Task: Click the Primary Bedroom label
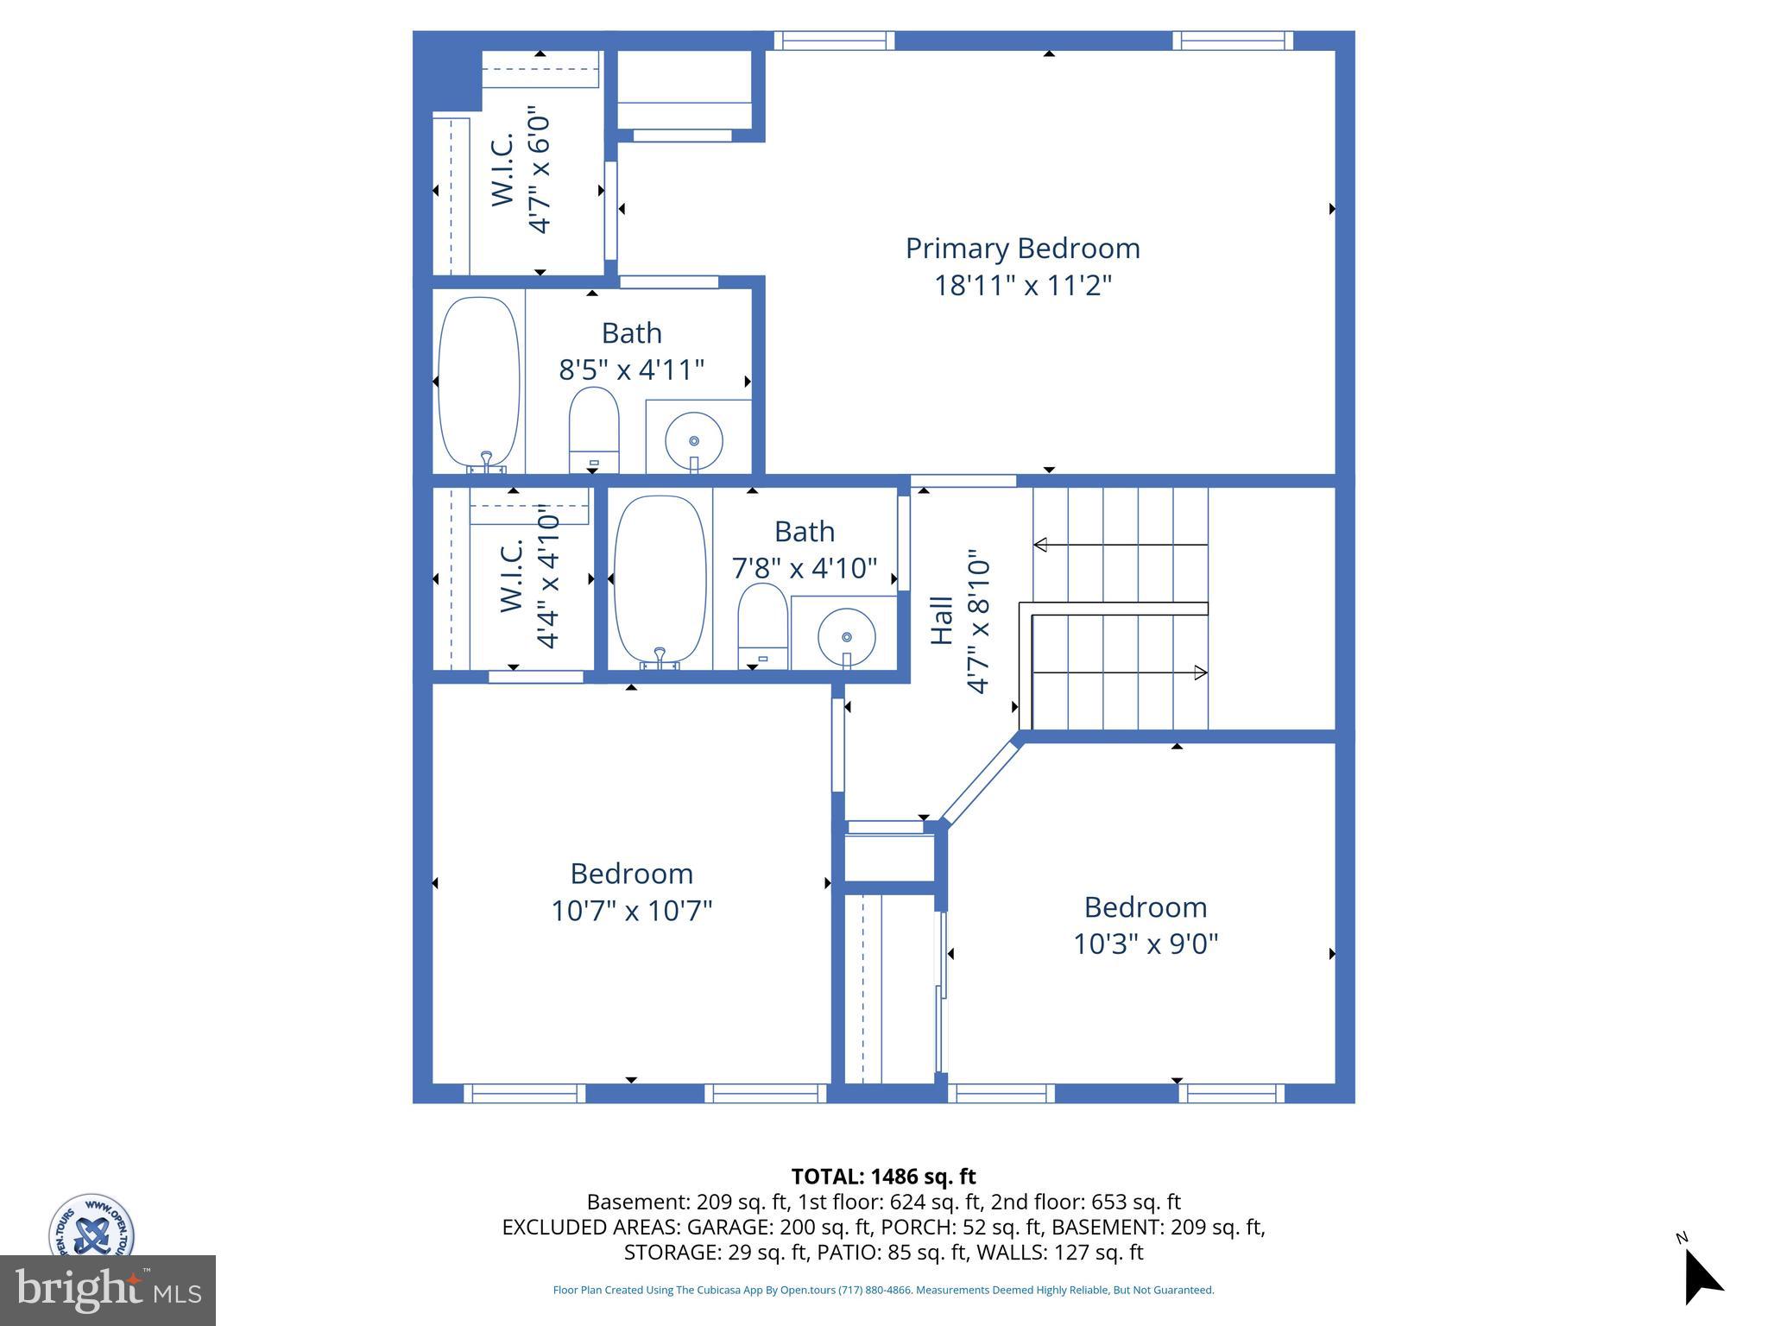point(1022,249)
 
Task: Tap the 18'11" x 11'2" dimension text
point(1022,286)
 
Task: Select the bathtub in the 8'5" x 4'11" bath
point(479,382)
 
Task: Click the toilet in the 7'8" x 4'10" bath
point(762,625)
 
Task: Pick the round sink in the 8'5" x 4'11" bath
point(694,441)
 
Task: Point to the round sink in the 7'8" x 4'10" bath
point(846,638)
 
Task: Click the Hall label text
point(942,620)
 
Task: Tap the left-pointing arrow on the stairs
point(1041,545)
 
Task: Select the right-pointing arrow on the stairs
point(1200,672)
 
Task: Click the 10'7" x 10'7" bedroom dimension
point(631,911)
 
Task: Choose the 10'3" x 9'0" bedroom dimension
point(1145,944)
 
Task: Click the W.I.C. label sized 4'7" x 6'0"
point(503,169)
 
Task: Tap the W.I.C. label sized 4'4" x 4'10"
point(512,576)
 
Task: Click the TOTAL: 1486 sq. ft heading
point(883,1177)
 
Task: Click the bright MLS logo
point(108,1291)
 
